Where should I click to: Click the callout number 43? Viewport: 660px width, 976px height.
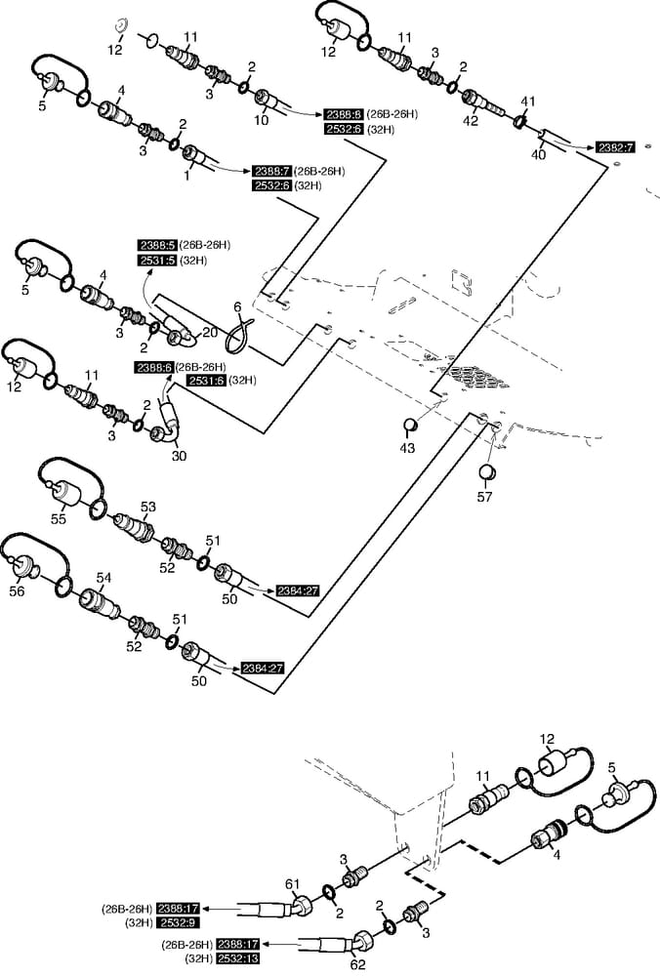(x=407, y=448)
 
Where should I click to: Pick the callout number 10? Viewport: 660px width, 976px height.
(x=262, y=122)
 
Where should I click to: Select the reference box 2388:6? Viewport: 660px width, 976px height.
(x=153, y=367)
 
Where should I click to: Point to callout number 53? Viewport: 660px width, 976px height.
(x=148, y=507)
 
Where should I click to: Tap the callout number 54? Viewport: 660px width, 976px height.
(x=103, y=579)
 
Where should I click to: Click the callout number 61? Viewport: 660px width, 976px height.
(x=290, y=883)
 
